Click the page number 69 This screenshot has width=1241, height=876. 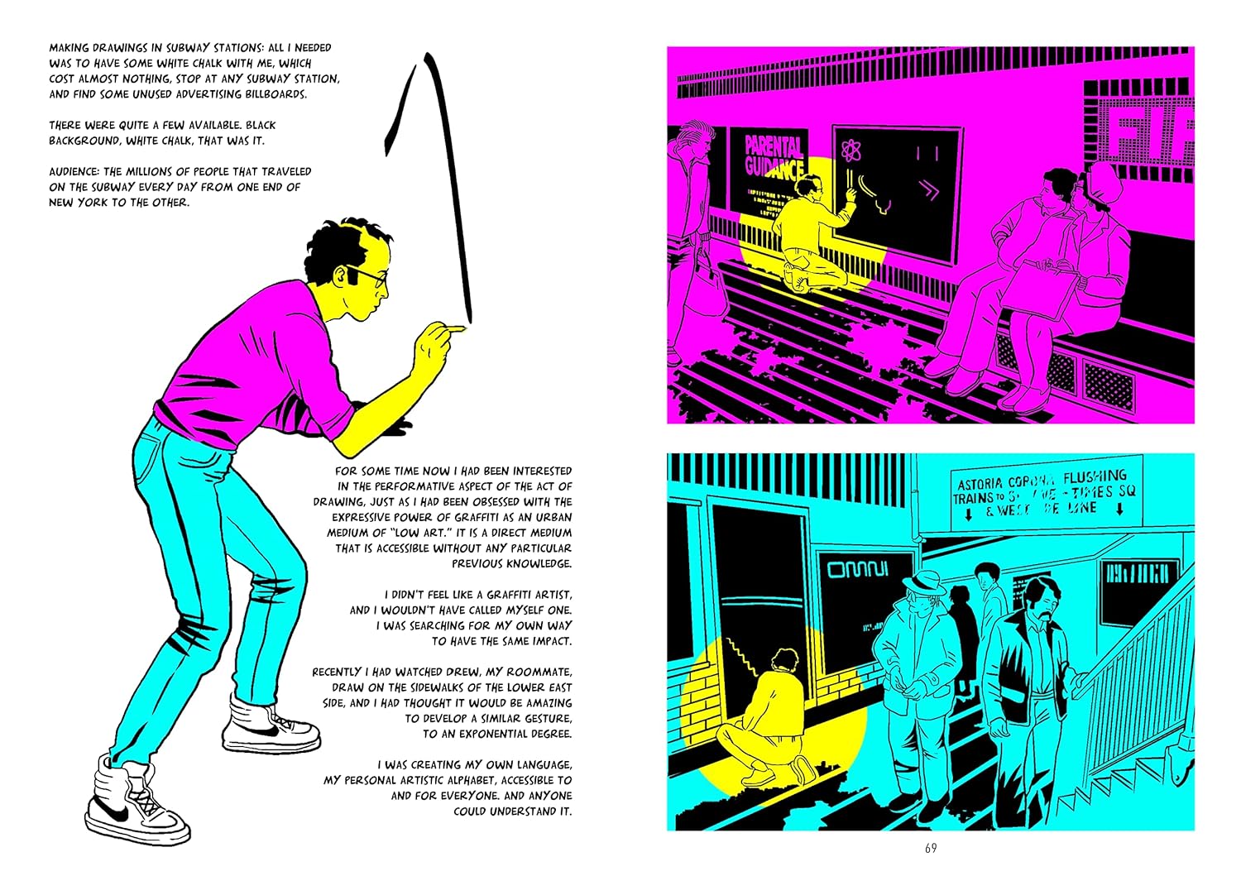coord(931,849)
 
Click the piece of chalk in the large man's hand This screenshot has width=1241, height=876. coord(458,329)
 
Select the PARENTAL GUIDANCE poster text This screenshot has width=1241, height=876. coord(774,156)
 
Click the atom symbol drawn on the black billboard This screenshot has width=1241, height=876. coord(851,151)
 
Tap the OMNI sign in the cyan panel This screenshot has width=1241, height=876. coord(857,569)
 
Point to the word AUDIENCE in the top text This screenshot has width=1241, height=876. coord(74,171)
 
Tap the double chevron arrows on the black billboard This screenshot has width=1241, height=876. coord(931,191)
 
